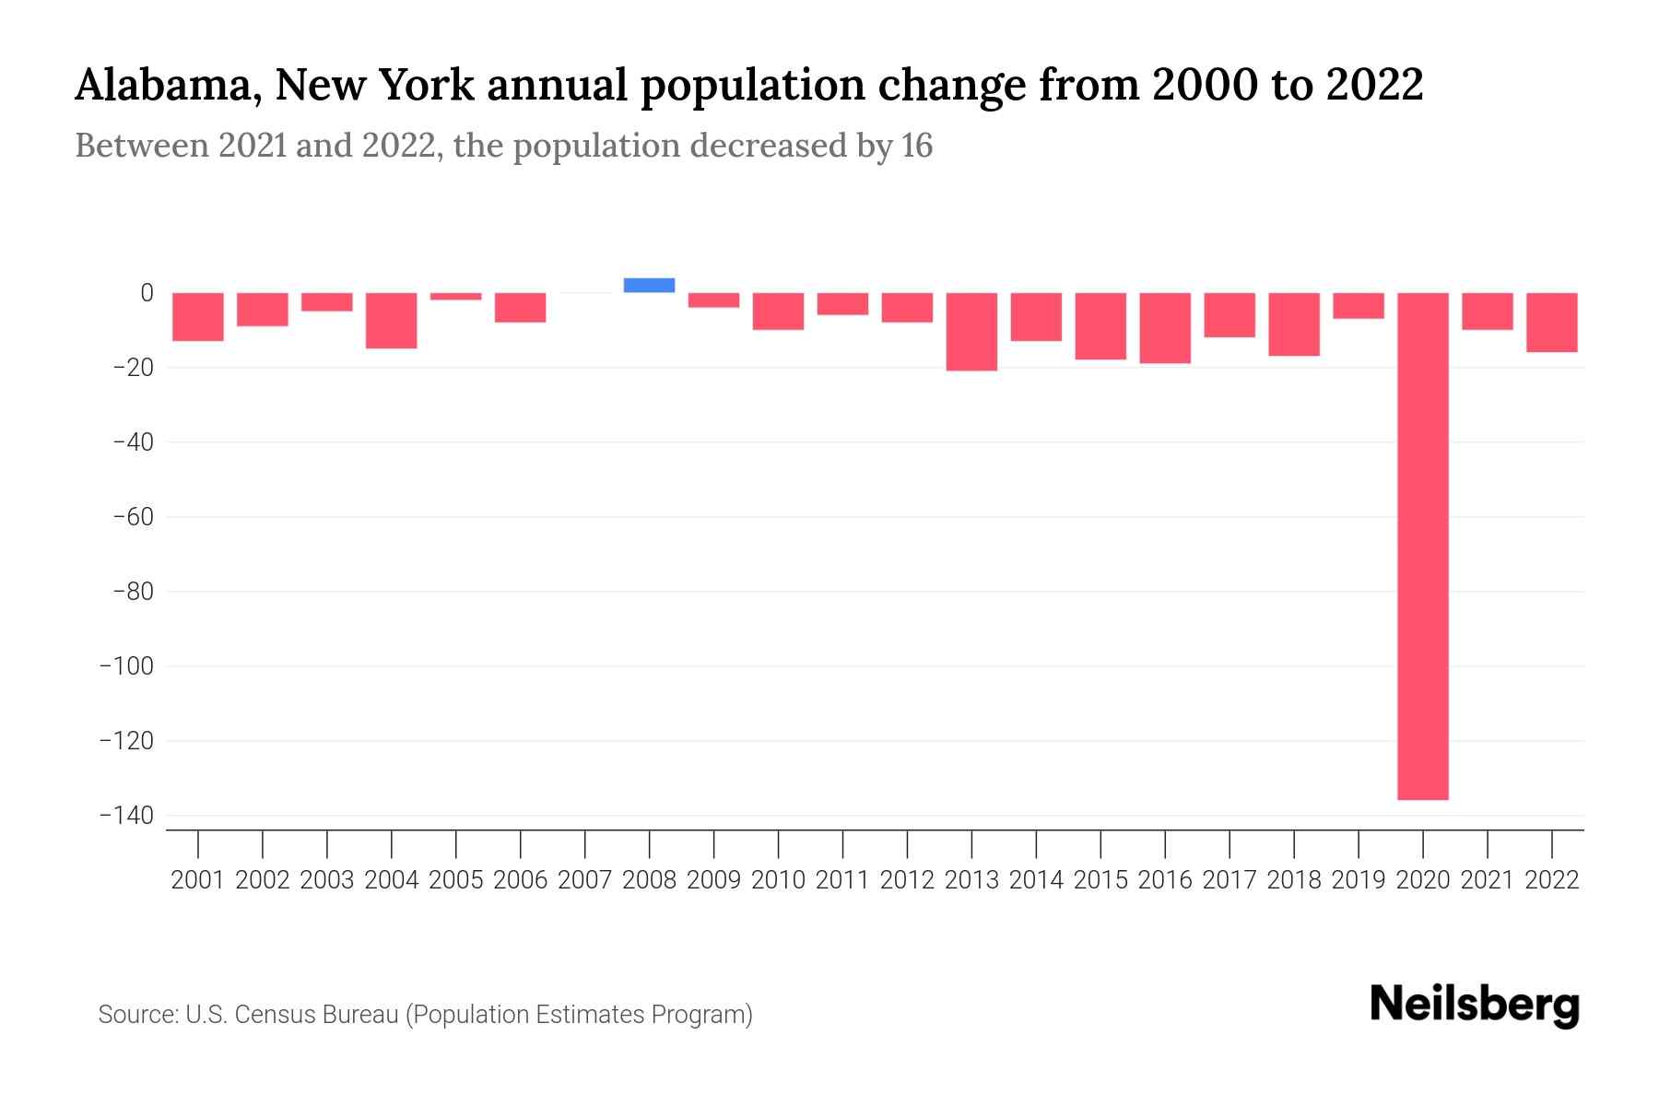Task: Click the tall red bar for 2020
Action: (1422, 546)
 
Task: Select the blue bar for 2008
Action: (649, 286)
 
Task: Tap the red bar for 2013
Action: (971, 332)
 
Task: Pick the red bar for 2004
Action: (392, 321)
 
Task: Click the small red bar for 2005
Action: (456, 297)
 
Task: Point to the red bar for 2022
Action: (1552, 323)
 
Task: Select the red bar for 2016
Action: (1165, 328)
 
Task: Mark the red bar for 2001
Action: (198, 317)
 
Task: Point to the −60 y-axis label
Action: (133, 516)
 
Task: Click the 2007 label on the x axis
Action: (584, 880)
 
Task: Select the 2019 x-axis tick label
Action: (1359, 880)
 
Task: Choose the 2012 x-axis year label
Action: (907, 880)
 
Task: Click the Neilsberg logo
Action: (1475, 1005)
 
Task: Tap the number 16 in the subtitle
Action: (917, 146)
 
